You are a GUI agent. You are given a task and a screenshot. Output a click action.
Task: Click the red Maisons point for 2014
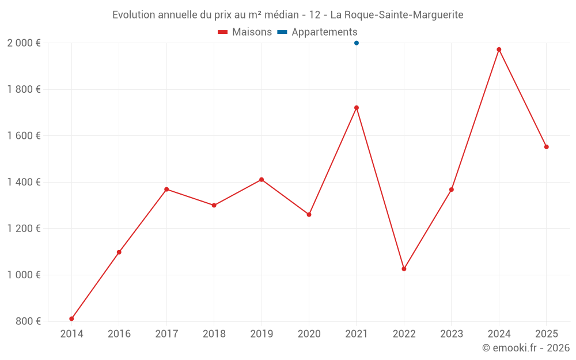point(71,319)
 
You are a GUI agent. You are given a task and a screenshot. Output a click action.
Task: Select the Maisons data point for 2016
point(119,252)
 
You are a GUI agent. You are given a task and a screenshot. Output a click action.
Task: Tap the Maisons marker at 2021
point(357,108)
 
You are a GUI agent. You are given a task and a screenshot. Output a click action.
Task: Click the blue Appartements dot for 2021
point(357,43)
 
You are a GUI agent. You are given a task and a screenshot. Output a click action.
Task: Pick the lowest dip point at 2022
point(404,269)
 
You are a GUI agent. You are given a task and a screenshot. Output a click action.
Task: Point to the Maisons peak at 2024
point(499,50)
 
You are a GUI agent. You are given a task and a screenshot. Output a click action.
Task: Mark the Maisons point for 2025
point(547,147)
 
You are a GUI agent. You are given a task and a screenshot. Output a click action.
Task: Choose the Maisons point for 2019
point(262,180)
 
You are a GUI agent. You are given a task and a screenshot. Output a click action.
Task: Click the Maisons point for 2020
point(309,214)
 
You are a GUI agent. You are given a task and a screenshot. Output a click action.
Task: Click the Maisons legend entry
point(245,32)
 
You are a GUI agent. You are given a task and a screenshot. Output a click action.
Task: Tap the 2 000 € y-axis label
point(24,43)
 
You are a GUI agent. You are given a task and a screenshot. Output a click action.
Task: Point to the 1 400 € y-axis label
point(24,182)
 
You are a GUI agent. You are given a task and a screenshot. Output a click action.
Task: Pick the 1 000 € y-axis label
point(24,275)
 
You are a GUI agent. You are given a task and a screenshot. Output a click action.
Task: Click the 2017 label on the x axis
point(166,334)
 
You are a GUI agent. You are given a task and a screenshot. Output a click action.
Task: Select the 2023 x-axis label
point(452,334)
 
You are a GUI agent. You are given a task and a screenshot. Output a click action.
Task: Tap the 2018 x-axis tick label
point(214,334)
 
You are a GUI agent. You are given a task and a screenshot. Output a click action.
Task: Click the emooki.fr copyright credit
point(526,348)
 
